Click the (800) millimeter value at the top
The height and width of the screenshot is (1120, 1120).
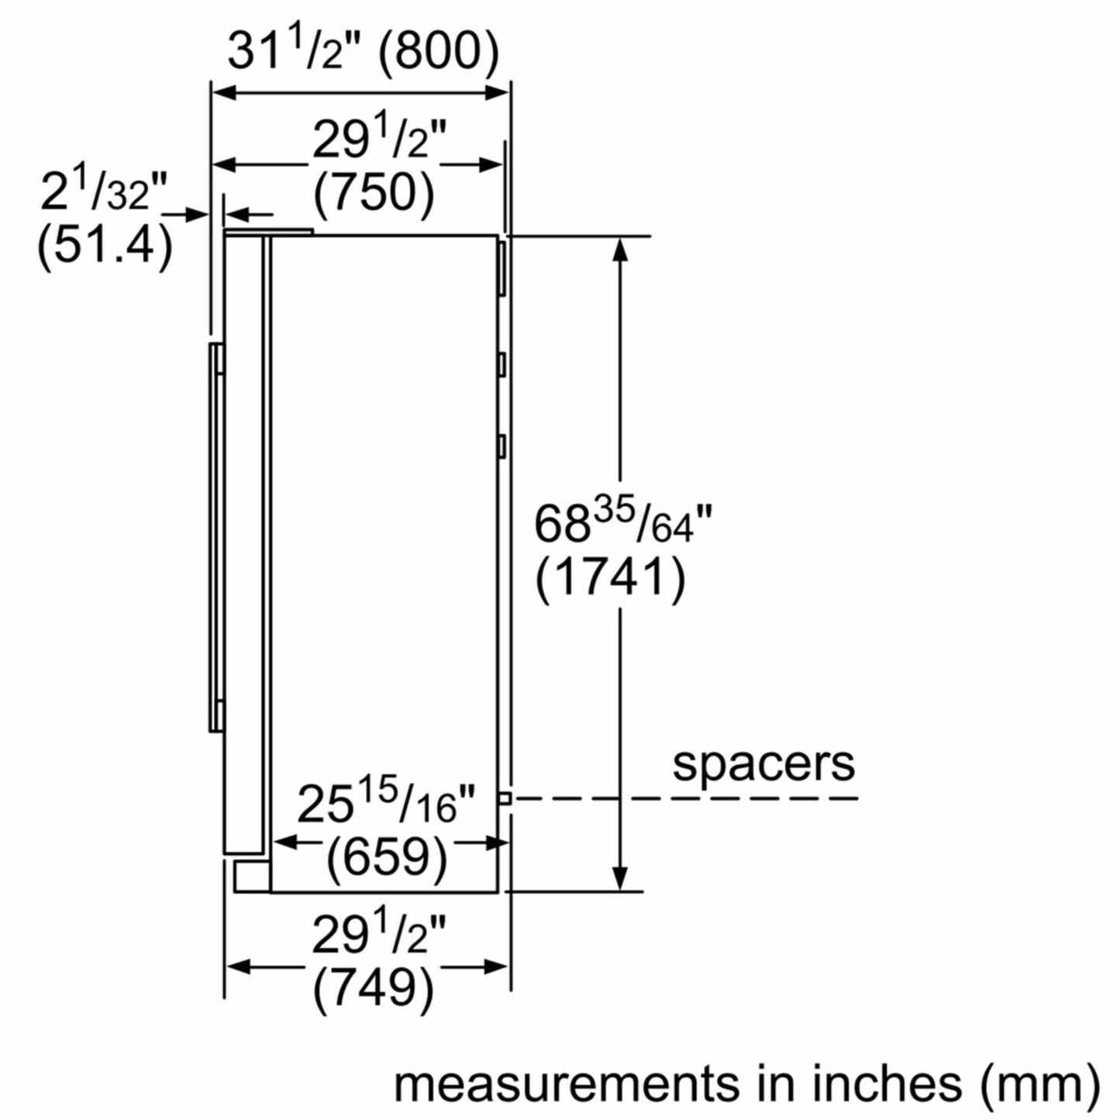click(439, 53)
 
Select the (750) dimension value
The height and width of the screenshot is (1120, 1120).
click(374, 194)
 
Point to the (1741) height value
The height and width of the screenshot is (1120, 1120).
click(610, 577)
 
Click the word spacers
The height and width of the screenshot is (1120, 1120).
click(763, 765)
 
